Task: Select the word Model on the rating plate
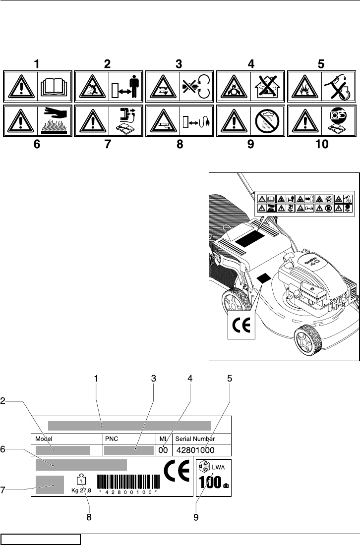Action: tap(44, 439)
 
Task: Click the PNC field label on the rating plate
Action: tap(110, 439)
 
